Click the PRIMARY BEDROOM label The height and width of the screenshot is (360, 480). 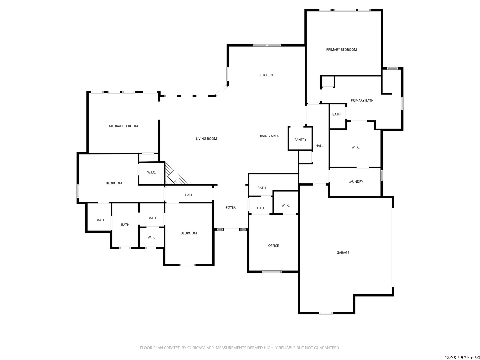[341, 50]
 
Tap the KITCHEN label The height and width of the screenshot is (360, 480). [266, 75]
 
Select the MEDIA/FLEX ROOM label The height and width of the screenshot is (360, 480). [123, 126]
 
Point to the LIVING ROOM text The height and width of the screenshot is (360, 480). [206, 139]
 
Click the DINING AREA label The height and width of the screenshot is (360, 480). [268, 136]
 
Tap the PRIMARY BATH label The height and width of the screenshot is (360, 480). [362, 101]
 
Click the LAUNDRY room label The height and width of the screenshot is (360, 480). [355, 182]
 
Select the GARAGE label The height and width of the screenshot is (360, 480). [343, 253]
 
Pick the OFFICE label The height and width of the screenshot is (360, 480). [273, 246]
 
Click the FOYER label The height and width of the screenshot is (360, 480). [230, 207]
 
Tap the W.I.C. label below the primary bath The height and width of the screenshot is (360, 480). [356, 147]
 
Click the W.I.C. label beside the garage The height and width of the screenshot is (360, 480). [286, 205]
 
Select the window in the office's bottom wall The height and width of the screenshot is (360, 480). [271, 272]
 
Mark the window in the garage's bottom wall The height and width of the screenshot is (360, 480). [326, 313]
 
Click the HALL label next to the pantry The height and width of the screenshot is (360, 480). [319, 146]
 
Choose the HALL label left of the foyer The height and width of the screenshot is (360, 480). [189, 195]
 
